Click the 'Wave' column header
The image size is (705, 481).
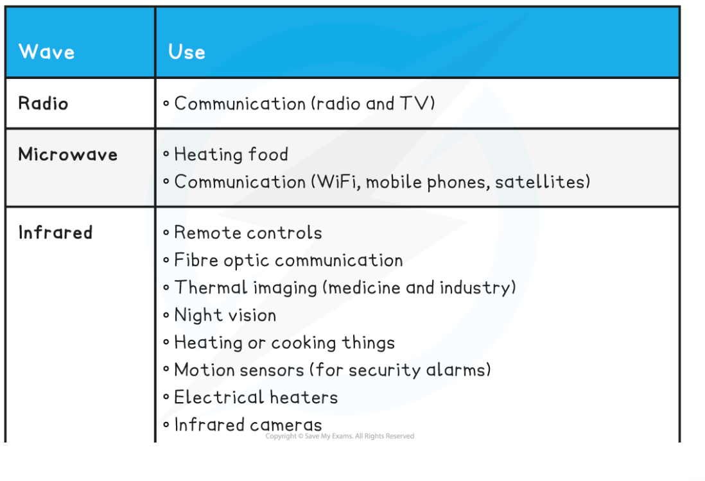click(46, 52)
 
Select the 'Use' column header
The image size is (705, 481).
click(187, 52)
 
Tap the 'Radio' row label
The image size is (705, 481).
click(43, 103)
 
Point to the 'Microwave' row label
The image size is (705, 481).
click(68, 155)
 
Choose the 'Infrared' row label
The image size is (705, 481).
click(55, 233)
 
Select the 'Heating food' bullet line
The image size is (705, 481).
click(231, 155)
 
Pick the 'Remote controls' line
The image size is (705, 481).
click(248, 233)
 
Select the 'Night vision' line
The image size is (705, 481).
click(225, 315)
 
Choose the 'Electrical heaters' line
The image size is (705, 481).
click(256, 398)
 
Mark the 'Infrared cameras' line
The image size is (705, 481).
click(248, 425)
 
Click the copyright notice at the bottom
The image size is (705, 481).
click(340, 436)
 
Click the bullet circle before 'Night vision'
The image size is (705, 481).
click(166, 316)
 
